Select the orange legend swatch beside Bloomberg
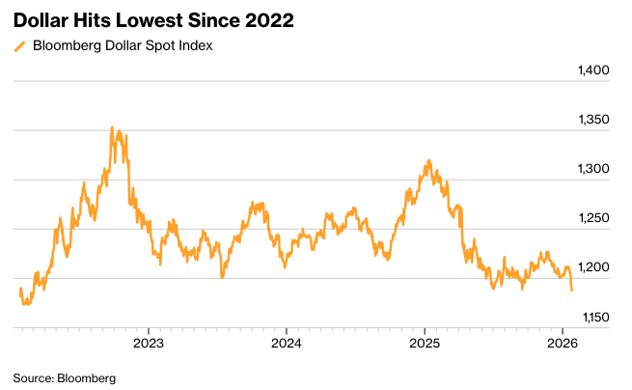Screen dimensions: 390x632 (19, 45)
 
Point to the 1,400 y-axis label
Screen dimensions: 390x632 (591, 71)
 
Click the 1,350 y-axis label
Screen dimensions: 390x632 (591, 121)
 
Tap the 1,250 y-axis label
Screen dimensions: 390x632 (591, 219)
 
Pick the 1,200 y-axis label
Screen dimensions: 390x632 (591, 268)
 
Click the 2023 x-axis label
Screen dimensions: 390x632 (148, 343)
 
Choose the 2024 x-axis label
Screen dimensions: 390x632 (287, 343)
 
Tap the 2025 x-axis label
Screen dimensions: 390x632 (426, 343)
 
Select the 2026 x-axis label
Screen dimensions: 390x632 (563, 343)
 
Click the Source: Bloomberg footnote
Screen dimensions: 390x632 (64, 377)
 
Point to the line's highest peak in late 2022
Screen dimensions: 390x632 (112, 127)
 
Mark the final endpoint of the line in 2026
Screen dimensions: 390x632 (572, 290)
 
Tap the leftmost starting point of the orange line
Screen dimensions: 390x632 (19, 290)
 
